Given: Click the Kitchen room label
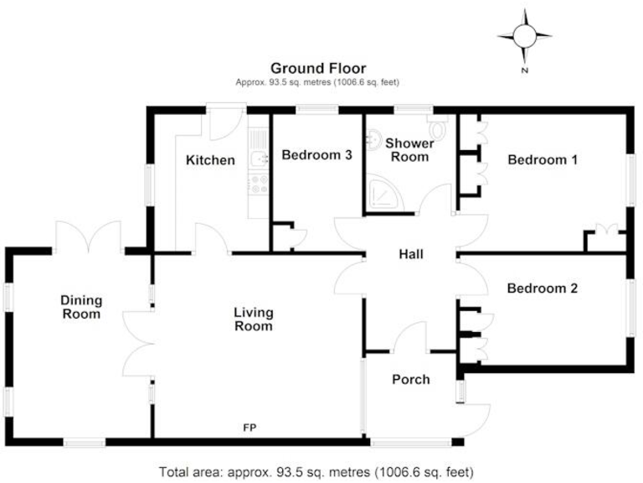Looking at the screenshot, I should [x=210, y=160].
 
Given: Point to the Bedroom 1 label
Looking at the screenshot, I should [x=543, y=159].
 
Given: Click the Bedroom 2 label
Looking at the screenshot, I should [x=543, y=288].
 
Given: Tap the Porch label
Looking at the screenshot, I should [x=410, y=379].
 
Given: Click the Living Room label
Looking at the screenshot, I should [x=253, y=319].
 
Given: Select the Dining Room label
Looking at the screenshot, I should [x=81, y=307].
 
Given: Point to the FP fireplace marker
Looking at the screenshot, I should [x=249, y=428].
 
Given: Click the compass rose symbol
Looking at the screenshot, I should [x=524, y=36].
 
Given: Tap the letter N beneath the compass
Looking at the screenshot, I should [x=524, y=71].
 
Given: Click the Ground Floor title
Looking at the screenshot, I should [x=317, y=68].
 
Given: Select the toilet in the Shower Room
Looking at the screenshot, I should [x=437, y=128].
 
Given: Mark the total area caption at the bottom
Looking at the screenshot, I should [x=321, y=471].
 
